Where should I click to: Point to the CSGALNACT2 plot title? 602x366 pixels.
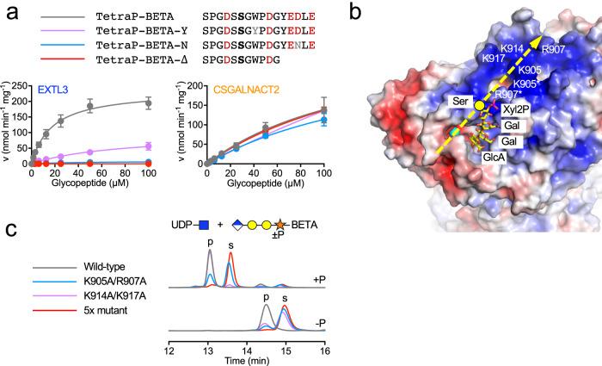click(244, 89)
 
